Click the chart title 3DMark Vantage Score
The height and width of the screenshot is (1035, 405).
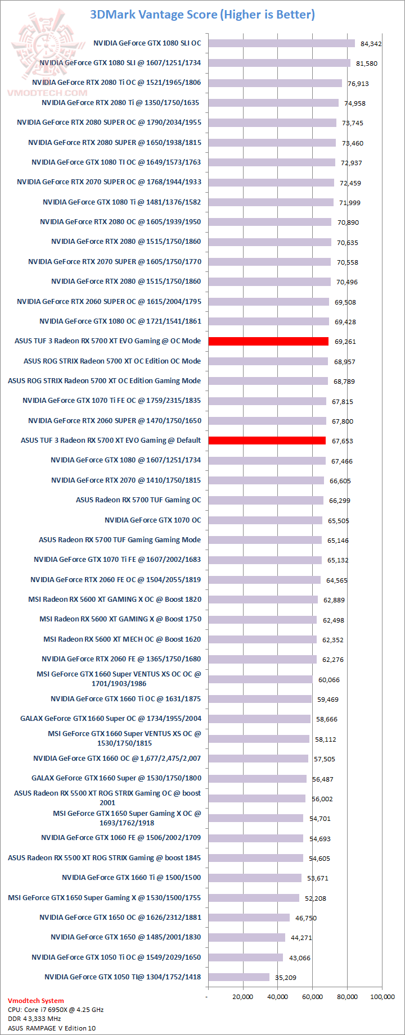202,15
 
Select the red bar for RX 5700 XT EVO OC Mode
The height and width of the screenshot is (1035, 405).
268,341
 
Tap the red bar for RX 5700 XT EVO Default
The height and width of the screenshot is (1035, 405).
267,441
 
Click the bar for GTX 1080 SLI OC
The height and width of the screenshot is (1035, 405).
281,43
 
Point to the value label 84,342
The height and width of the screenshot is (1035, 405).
371,44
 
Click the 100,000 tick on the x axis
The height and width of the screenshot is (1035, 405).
382,997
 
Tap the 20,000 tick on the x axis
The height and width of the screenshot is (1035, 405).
243,997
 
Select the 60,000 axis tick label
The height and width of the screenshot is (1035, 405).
313,997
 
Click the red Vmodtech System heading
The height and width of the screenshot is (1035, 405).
36,1001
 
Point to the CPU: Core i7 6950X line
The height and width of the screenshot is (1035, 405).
56,1010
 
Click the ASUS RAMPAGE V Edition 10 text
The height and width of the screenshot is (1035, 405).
52,1028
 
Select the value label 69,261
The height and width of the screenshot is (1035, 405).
345,342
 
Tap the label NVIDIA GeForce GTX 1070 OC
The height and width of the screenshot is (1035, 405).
152,520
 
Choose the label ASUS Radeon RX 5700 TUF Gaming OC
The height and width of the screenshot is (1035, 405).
138,500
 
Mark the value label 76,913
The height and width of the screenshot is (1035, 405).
358,84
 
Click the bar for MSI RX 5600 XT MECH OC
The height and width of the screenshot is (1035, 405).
262,639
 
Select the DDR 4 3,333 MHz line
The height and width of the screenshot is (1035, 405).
34,1019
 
